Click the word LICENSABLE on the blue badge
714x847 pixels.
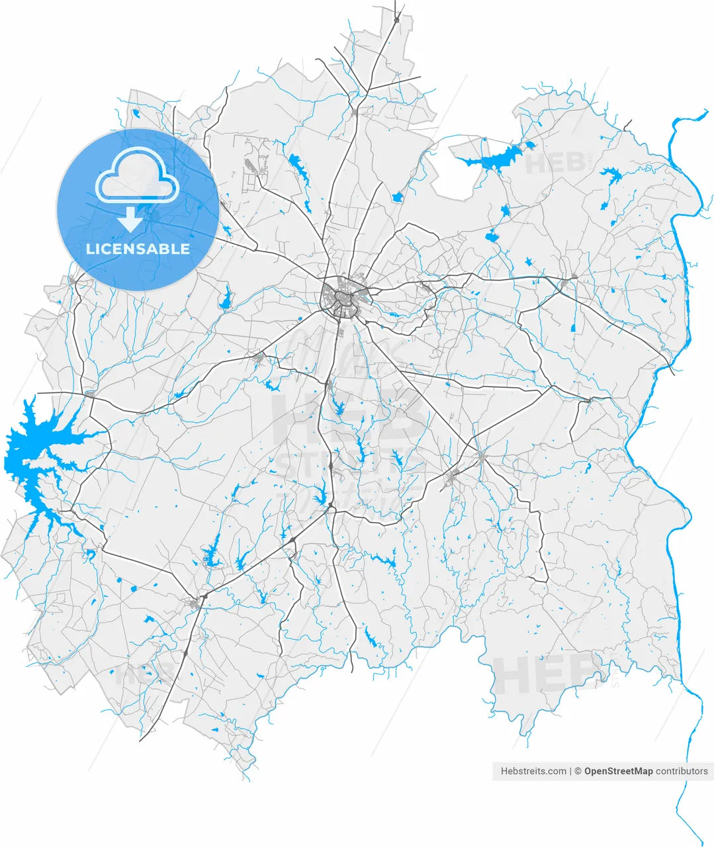tap(138, 249)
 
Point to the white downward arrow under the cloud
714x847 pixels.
tap(131, 219)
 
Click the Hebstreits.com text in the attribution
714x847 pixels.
tap(533, 771)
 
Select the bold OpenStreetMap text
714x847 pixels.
tap(618, 771)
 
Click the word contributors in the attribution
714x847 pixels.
tap(682, 771)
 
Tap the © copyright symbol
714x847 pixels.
tap(578, 771)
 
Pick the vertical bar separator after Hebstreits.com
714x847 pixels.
tap(570, 771)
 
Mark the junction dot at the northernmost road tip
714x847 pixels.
tap(396, 20)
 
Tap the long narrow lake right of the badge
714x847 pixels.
tap(300, 168)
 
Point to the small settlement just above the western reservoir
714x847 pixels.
tap(90, 394)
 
